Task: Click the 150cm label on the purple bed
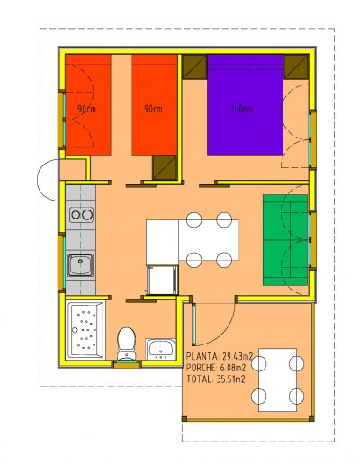(x=242, y=109)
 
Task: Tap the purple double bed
(x=245, y=104)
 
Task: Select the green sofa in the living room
(x=285, y=240)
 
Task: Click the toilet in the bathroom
(x=126, y=344)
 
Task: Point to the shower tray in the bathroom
(x=85, y=330)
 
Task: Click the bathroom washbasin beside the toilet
(x=161, y=349)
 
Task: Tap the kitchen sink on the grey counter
(x=80, y=265)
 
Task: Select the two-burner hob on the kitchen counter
(x=81, y=215)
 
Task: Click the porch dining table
(x=277, y=379)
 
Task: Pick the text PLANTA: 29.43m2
(x=220, y=356)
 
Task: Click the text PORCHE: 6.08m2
(x=216, y=368)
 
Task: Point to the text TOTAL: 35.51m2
(x=216, y=379)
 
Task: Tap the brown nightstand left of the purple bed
(x=194, y=67)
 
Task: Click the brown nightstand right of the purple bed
(x=296, y=67)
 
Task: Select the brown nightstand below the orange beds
(x=165, y=167)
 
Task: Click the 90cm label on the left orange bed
(x=86, y=109)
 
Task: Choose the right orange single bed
(x=155, y=104)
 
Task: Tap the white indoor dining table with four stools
(x=209, y=240)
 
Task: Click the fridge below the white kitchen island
(x=162, y=280)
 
